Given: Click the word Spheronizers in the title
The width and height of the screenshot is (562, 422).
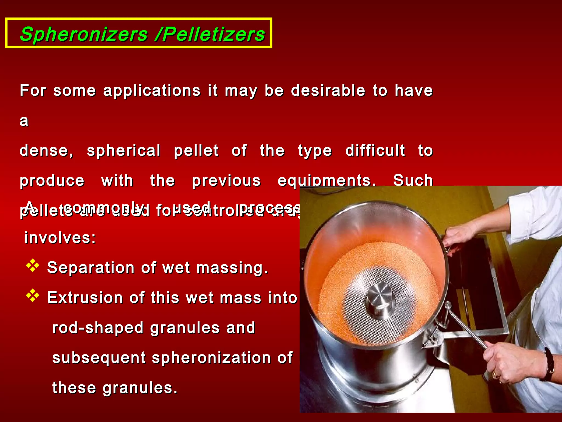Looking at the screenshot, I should pos(84,34).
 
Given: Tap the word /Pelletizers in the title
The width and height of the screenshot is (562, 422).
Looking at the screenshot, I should pos(210,34).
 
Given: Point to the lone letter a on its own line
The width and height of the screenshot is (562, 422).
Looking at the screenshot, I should pos(24,121).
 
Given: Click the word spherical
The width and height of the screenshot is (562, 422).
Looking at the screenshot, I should pos(123,151).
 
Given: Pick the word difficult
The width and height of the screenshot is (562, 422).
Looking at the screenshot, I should pos(375,151).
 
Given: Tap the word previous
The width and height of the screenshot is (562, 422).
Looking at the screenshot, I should pos(226,181).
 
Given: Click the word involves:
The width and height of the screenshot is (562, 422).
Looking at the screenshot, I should pos(60,238).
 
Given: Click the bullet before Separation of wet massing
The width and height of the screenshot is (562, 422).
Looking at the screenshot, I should pos(33,265).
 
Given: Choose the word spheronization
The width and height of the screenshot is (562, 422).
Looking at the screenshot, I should pos(211,358).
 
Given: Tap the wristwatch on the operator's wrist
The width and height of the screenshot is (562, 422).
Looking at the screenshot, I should pos(548,364).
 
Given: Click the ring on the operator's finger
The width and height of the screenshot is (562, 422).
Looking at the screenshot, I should pos(496,375).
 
